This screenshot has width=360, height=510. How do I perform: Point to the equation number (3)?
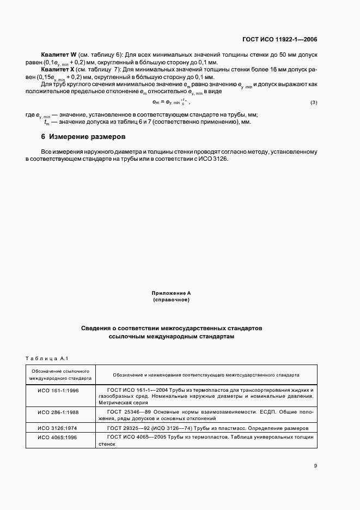click(x=313, y=103)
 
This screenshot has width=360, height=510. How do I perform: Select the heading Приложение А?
click(x=171, y=293)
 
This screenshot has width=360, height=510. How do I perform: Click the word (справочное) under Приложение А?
click(x=171, y=300)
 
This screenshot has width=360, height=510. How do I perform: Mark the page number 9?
click(x=315, y=465)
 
